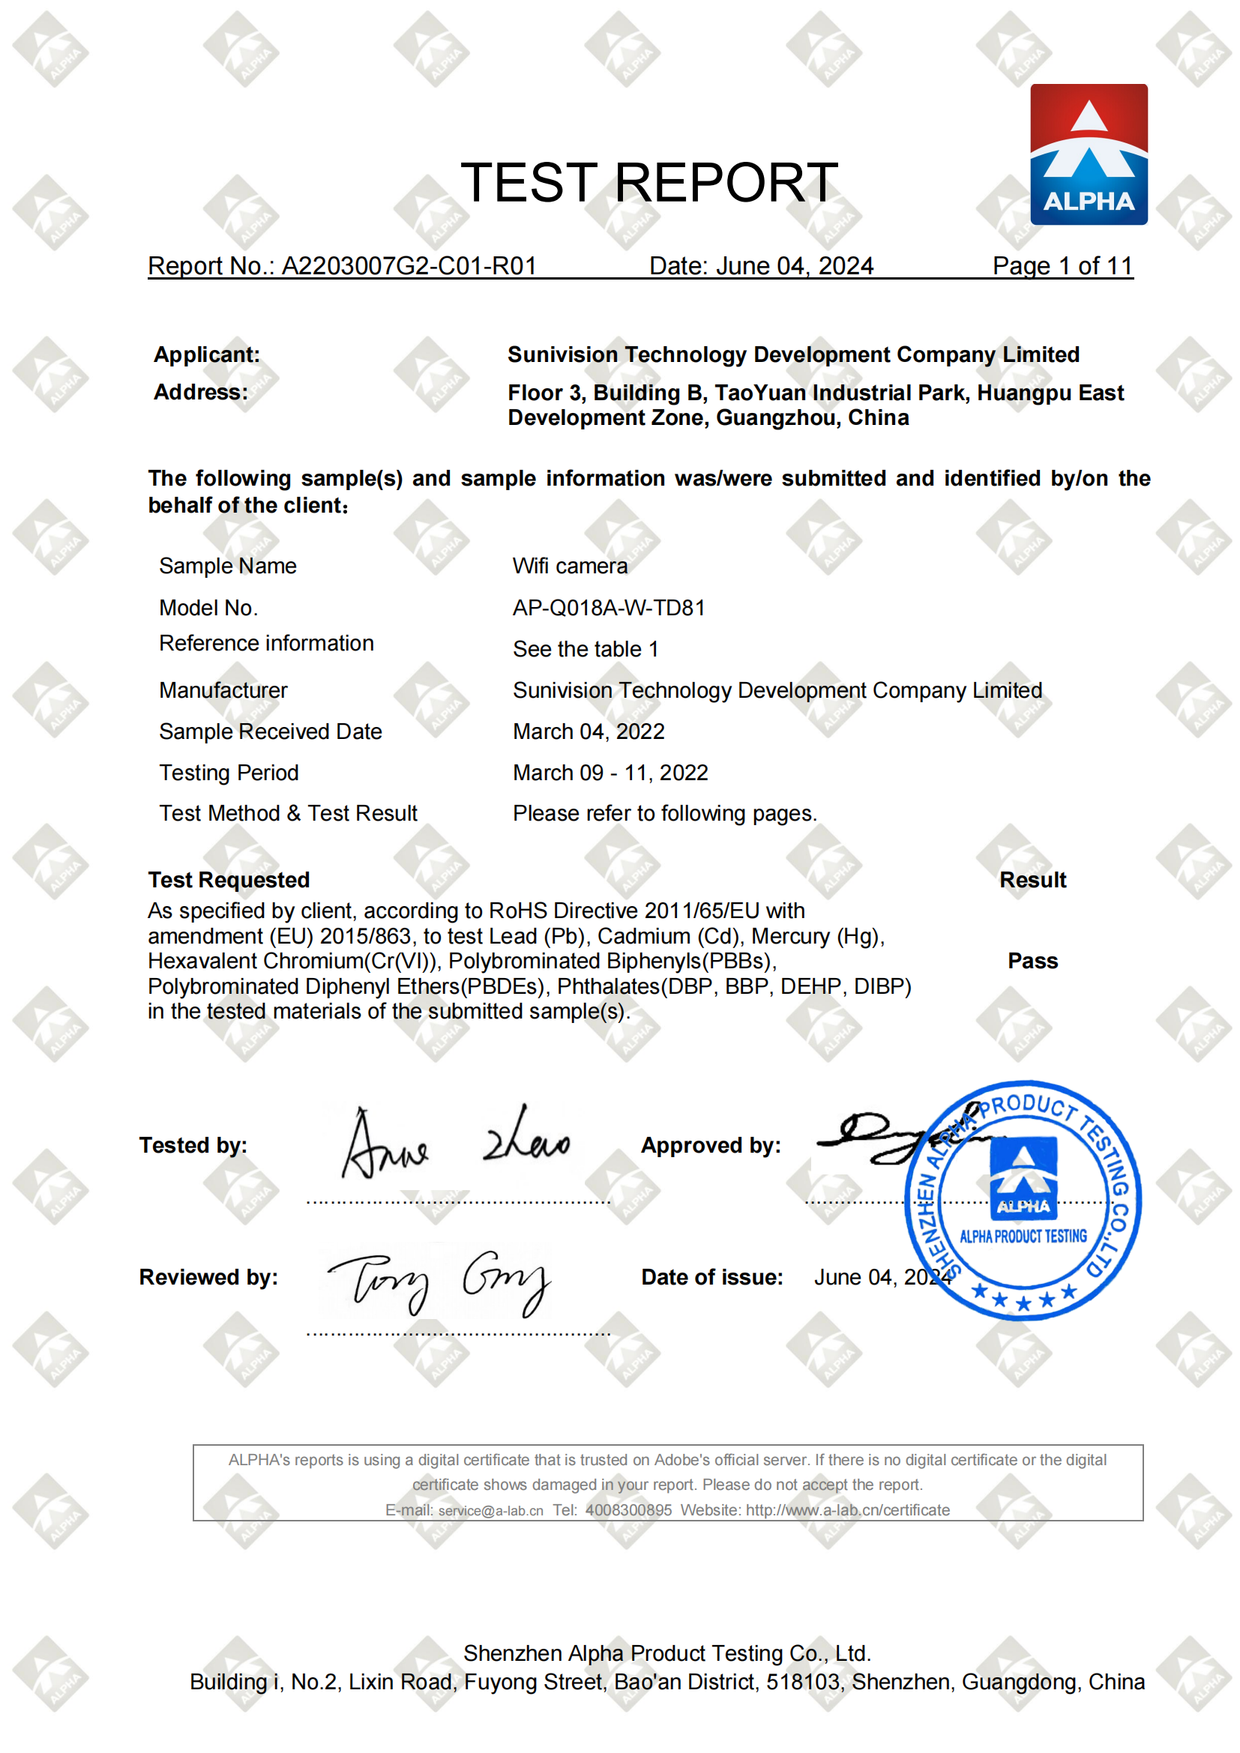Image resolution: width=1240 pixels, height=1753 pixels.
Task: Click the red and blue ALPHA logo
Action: (x=1088, y=154)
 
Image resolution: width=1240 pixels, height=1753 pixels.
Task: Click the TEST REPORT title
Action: (x=649, y=183)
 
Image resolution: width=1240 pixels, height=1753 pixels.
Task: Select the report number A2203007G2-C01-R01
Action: (x=409, y=266)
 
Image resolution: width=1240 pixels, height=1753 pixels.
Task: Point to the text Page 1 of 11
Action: (x=1062, y=266)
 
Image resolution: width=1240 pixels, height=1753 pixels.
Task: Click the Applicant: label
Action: (x=207, y=354)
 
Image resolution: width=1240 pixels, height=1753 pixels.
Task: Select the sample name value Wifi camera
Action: (x=570, y=566)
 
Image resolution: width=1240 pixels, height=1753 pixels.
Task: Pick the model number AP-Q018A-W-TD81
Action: (x=609, y=608)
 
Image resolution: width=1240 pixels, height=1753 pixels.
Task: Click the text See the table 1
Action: (x=585, y=649)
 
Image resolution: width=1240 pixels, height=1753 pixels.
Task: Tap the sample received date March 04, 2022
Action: (x=589, y=731)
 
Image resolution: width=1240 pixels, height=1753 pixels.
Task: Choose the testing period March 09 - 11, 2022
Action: (x=610, y=773)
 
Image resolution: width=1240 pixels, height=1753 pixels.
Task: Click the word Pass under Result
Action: (x=1032, y=961)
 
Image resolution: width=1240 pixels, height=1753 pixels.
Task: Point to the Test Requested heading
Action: (x=229, y=880)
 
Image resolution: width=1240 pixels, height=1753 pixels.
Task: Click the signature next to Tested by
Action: (x=455, y=1143)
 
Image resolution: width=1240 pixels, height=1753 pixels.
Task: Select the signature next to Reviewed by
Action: (x=439, y=1282)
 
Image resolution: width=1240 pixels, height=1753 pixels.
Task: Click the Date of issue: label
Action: (x=711, y=1277)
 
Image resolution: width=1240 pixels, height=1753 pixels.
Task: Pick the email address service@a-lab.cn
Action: (x=490, y=1510)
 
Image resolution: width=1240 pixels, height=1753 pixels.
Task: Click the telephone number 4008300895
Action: (x=628, y=1510)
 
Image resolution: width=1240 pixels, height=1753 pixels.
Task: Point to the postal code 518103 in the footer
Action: (x=803, y=1681)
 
